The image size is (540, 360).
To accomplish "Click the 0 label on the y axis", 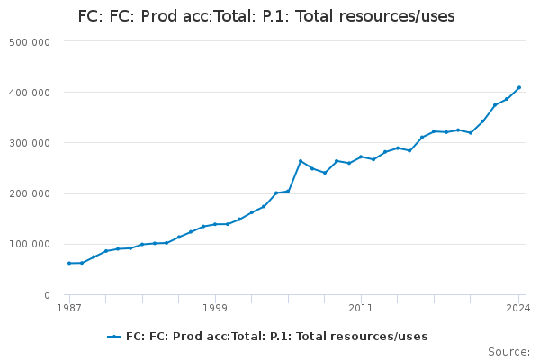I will [x=46, y=294].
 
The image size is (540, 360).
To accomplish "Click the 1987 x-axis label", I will [x=68, y=308].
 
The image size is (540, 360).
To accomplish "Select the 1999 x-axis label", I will [x=214, y=308].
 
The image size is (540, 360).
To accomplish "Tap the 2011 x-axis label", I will [x=361, y=308].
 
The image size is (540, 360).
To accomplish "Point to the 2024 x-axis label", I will [x=518, y=308].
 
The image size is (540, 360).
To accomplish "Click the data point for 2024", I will [x=519, y=87].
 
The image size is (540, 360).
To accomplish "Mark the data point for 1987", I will [x=69, y=263].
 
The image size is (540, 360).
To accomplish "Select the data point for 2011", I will [x=361, y=157].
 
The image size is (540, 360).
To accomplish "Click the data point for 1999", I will [x=215, y=224].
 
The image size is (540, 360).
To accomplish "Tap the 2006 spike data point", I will [x=301, y=161].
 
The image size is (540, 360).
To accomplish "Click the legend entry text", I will [x=277, y=337].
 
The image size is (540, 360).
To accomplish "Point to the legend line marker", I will [x=114, y=337].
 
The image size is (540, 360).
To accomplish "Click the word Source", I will [x=508, y=352].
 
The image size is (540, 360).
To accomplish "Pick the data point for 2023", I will [x=507, y=99].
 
